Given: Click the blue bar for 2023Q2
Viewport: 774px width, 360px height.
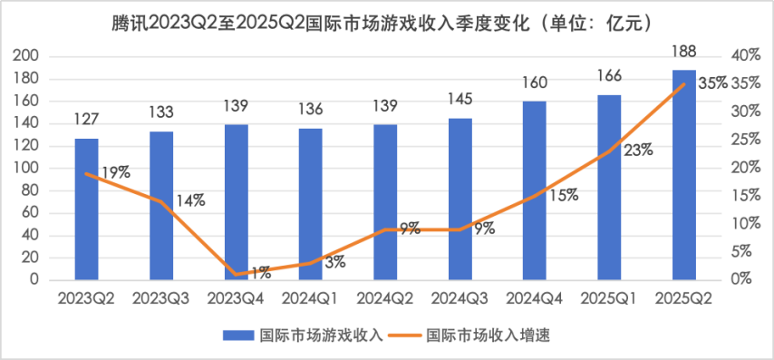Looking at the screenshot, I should pos(86,209).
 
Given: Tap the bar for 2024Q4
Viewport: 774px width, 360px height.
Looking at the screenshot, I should pos(534,190).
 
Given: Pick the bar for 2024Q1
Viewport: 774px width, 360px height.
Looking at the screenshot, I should pos(310,204).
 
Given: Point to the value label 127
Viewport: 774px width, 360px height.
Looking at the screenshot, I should pos(86,118).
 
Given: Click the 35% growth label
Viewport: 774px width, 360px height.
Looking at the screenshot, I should pos(712,83).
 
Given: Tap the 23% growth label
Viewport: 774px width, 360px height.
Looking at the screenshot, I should pos(636,151).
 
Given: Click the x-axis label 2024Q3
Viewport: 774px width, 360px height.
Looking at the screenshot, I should pos(460,298).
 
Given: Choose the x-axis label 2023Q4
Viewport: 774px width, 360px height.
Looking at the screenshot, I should pos(236,298).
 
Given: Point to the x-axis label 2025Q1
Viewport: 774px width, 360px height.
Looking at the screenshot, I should pos(609,298).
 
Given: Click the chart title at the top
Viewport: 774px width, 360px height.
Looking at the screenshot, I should pos(387,20).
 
